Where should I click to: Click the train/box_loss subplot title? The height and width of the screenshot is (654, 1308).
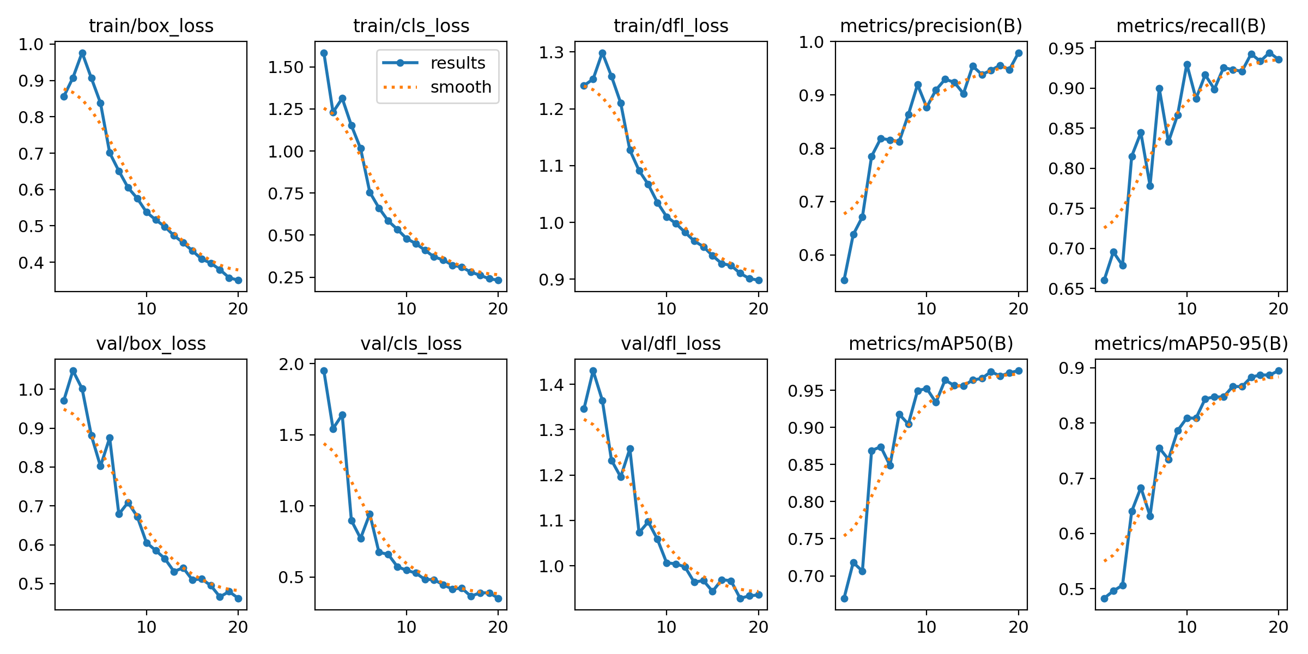point(151,26)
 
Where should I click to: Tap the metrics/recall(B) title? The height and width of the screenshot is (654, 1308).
point(1191,26)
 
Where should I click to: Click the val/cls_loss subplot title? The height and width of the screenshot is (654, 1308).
point(411,343)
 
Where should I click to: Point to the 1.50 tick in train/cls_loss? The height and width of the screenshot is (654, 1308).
point(286,67)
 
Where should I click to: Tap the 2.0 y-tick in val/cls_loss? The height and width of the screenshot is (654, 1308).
point(292,364)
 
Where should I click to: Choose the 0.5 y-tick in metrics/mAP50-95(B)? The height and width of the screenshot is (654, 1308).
point(1071,589)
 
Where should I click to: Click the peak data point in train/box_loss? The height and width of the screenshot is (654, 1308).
point(82,53)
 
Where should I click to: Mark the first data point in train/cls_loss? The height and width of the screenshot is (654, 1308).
point(324,53)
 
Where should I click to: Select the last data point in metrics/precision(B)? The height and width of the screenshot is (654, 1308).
point(1018,53)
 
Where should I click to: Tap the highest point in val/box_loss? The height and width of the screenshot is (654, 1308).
point(73,371)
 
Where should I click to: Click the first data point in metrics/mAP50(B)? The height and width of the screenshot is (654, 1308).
point(844,598)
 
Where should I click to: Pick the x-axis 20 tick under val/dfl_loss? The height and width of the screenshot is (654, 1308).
point(758,627)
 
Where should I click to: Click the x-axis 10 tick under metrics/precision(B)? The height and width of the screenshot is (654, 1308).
point(927,309)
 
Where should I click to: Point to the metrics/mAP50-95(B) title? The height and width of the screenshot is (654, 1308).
point(1191,343)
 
